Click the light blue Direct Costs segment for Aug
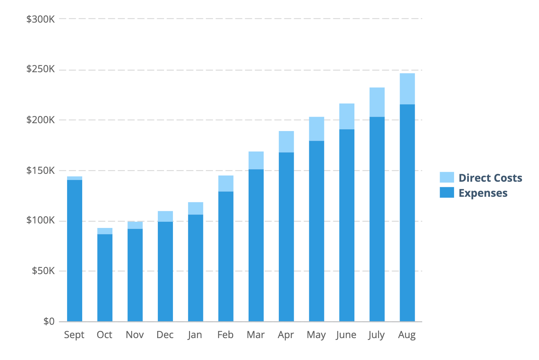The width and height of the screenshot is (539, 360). [407, 89]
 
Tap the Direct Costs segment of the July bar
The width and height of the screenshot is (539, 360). [377, 102]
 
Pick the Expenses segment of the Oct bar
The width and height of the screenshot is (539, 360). [105, 278]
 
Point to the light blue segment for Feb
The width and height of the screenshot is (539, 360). [226, 183]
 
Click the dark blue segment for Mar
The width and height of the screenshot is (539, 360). [256, 245]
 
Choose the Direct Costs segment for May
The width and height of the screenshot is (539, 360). [316, 129]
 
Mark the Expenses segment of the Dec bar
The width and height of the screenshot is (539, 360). [165, 271]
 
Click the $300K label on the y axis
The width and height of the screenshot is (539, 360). [40, 19]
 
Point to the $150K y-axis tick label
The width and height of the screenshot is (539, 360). [40, 170]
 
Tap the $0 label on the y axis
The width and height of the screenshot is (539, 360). [49, 321]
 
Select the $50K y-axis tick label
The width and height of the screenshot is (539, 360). [43, 271]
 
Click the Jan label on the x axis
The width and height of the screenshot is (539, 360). [195, 335]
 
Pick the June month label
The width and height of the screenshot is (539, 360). [346, 335]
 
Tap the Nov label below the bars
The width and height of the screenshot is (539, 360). [135, 335]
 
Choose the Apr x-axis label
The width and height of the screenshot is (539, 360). [286, 335]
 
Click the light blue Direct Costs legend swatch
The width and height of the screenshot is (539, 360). [447, 177]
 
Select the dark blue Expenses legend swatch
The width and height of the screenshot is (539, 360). [447, 192]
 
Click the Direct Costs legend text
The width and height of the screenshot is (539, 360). [490, 178]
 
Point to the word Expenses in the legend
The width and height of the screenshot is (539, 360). [483, 193]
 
